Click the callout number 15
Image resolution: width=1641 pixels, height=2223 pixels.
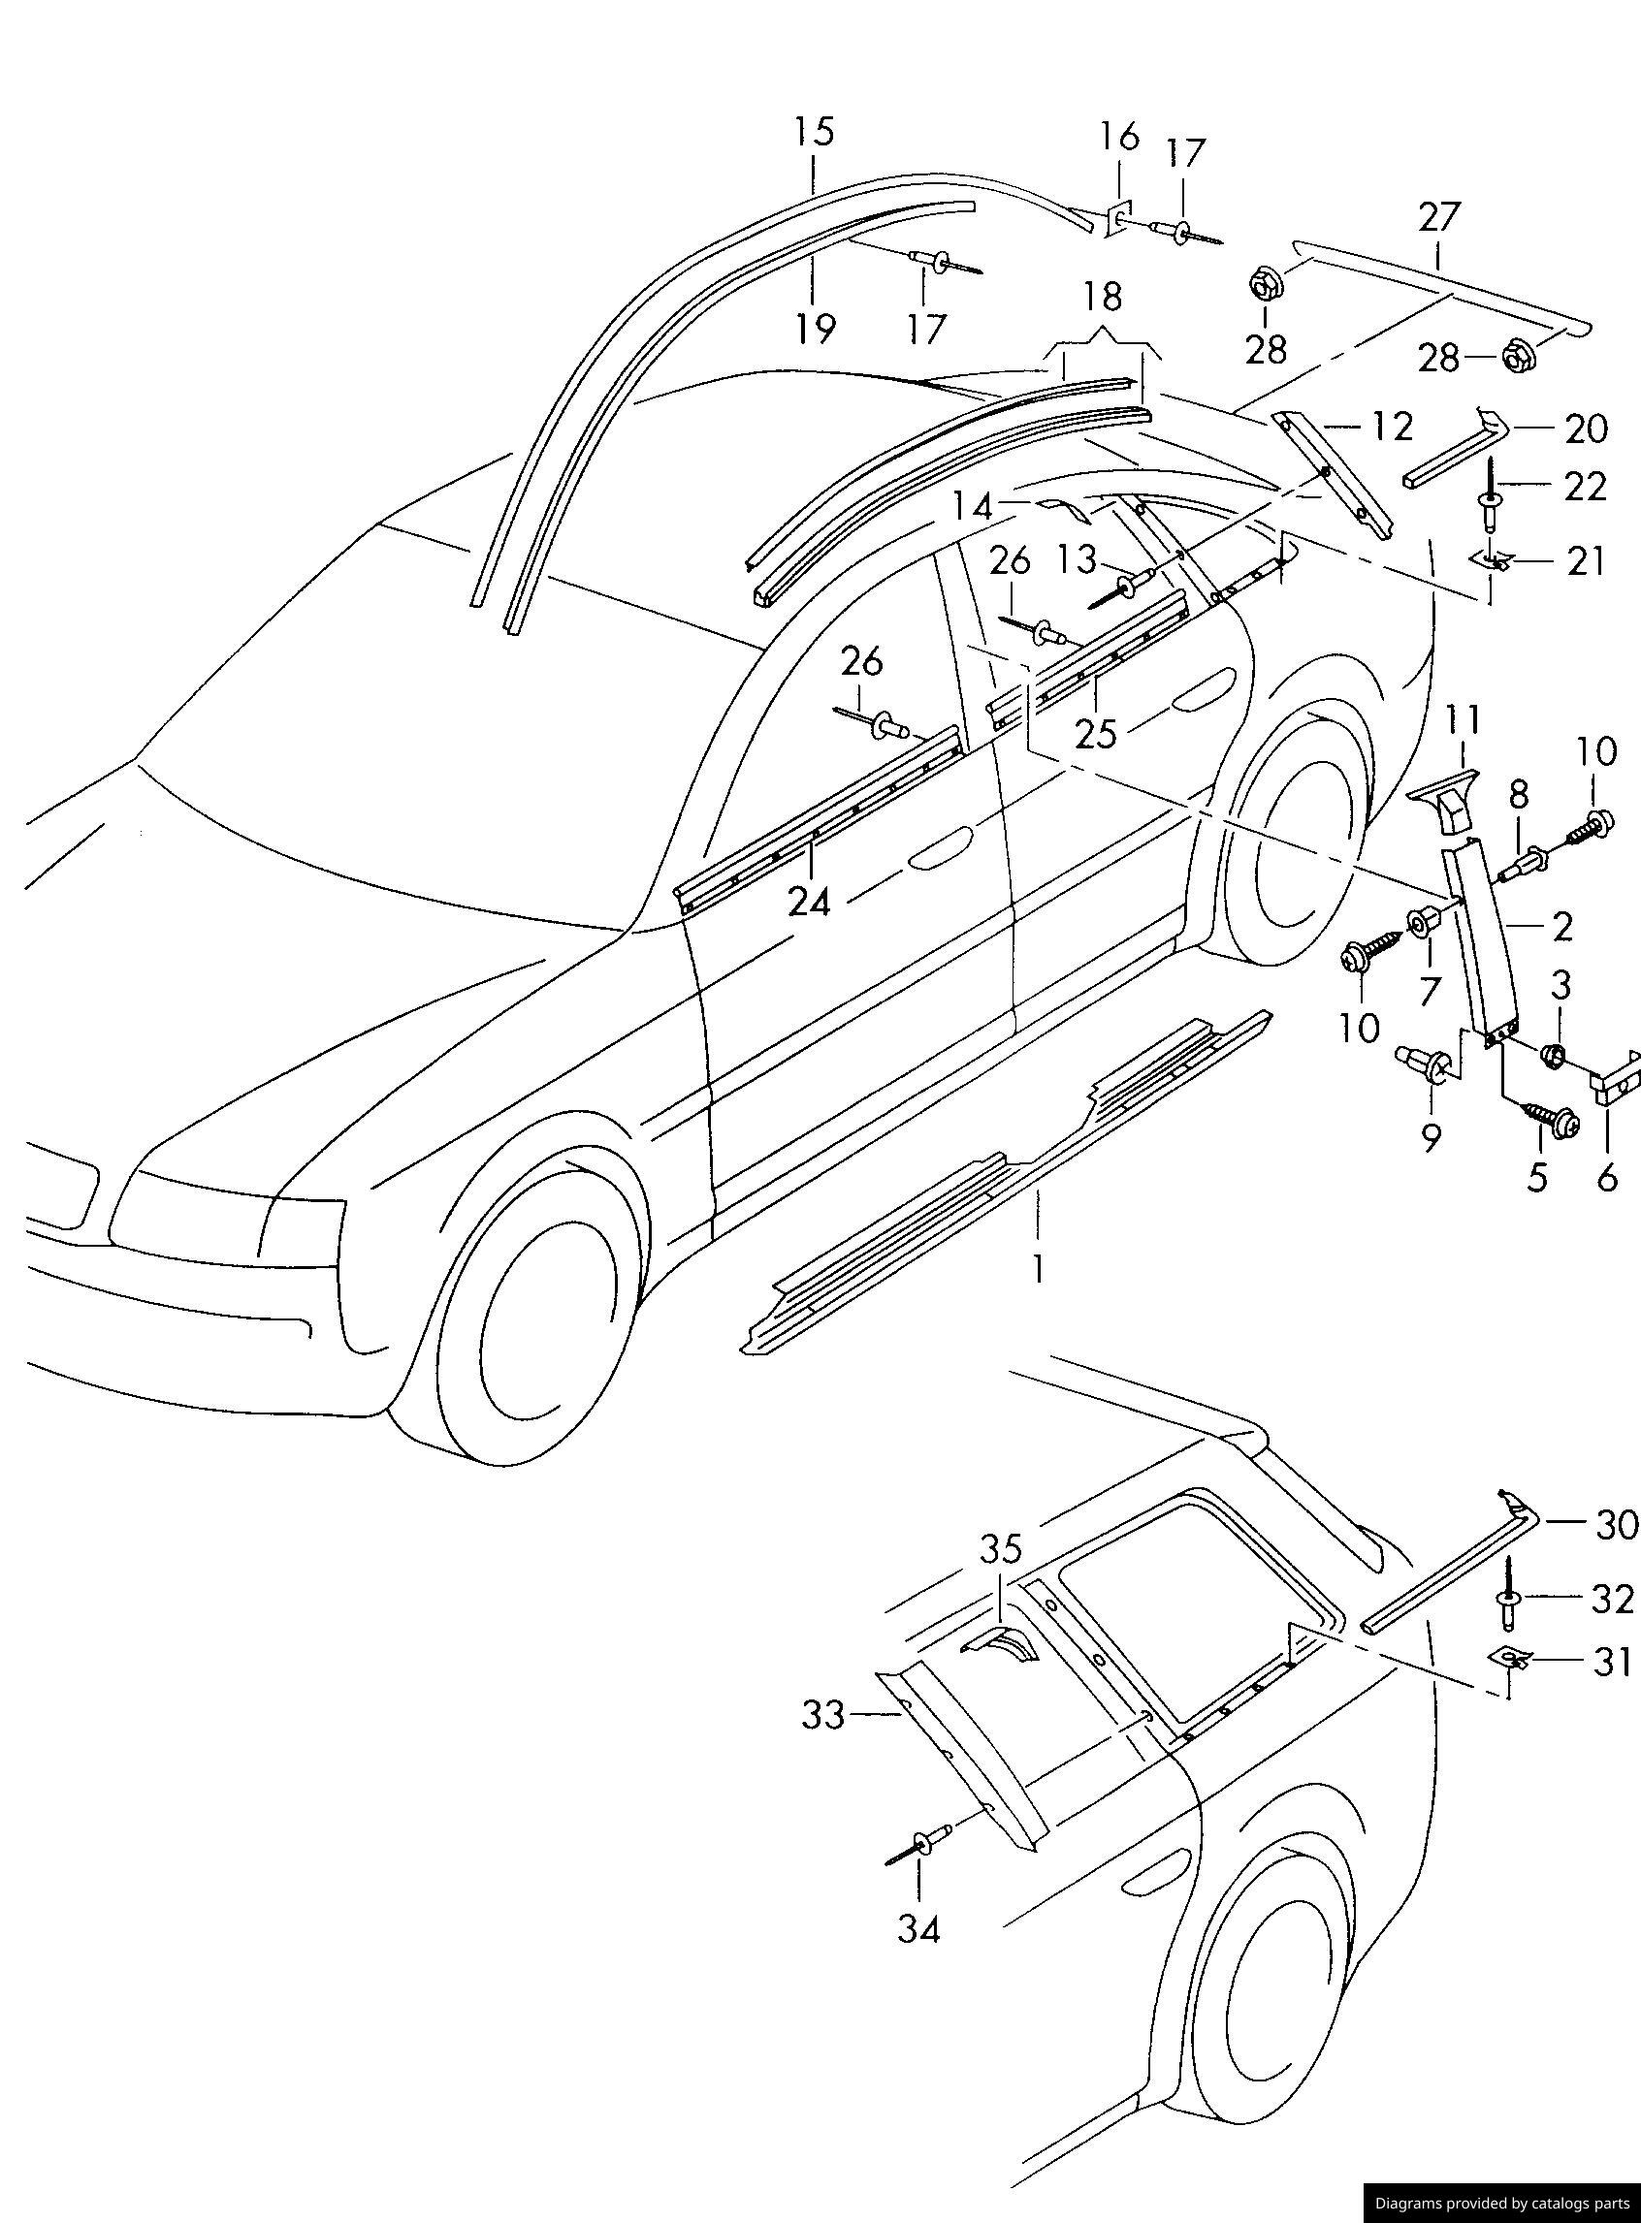(x=814, y=132)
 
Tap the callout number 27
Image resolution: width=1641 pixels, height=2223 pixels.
(x=1440, y=217)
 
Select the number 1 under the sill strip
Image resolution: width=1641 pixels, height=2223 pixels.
(x=1038, y=1269)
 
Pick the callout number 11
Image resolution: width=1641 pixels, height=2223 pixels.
(x=1463, y=719)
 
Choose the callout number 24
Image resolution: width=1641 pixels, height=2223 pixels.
(x=810, y=902)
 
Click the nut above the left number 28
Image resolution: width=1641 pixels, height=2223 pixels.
(x=1265, y=282)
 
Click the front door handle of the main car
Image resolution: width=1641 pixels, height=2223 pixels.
(x=939, y=853)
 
